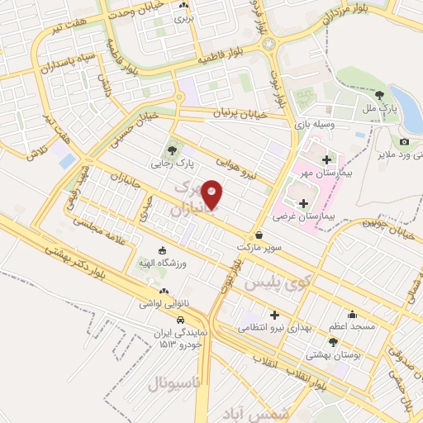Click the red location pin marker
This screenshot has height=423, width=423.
click(x=212, y=195)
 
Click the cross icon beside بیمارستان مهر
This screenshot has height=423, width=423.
click(x=326, y=159)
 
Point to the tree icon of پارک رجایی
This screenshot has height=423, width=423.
click(x=172, y=150)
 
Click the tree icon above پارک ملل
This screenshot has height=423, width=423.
click(x=379, y=95)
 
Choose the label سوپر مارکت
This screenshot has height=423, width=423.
click(x=259, y=248)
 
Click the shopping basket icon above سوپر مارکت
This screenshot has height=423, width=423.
click(x=259, y=235)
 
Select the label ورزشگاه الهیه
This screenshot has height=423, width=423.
click(x=161, y=263)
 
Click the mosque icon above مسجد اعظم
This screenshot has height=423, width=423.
click(x=353, y=314)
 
